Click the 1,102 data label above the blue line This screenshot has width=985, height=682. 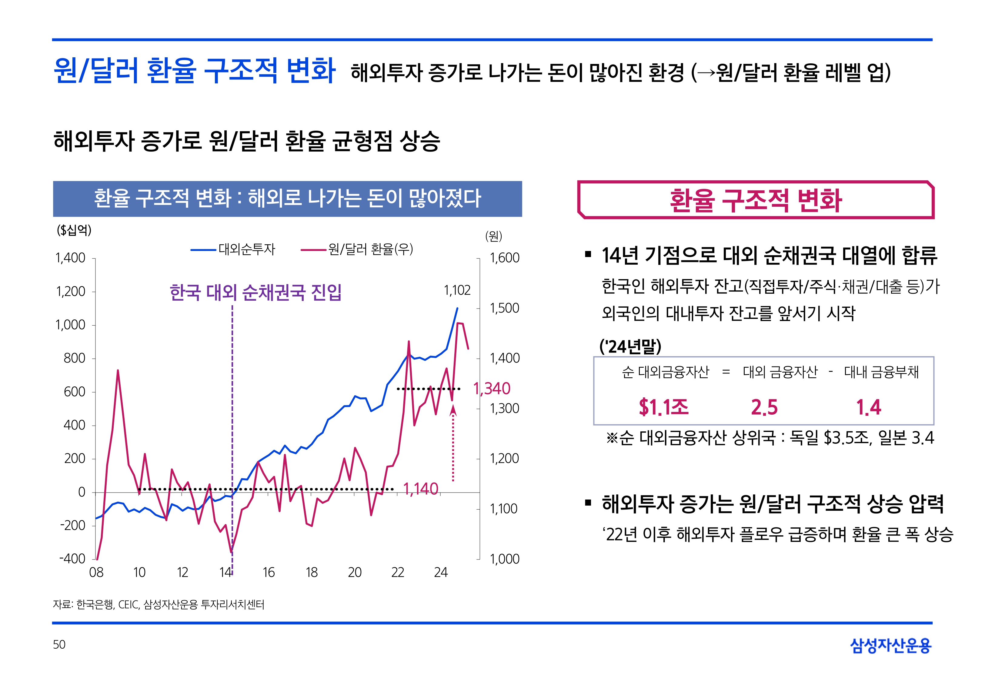pos(457,291)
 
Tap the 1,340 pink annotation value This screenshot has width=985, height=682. pos(492,388)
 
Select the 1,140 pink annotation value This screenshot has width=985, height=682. pos(421,488)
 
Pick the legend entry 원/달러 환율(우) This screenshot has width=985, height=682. pos(370,249)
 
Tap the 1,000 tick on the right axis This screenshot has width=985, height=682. pos(504,559)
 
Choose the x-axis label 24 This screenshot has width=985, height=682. pos(441,572)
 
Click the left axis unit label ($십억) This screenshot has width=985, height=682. pos(74,230)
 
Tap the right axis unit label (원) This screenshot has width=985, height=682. pos(494,236)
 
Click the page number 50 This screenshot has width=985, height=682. pos(59,644)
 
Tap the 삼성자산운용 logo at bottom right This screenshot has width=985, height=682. pos(891,645)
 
